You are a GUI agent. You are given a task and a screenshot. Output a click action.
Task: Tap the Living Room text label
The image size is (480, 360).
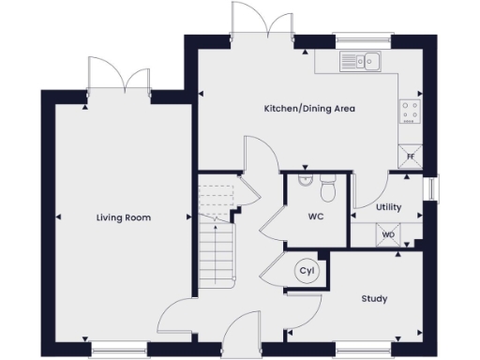point(123,217)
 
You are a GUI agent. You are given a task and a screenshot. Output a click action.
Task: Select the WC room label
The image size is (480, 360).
point(316,217)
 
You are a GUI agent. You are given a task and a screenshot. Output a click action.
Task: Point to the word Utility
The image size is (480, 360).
point(388,207)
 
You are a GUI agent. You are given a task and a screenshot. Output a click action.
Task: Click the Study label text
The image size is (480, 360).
point(375,299)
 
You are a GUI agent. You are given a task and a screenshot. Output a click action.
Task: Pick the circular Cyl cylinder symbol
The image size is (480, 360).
point(306,271)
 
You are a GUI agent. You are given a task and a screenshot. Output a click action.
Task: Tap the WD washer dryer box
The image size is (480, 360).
point(388,234)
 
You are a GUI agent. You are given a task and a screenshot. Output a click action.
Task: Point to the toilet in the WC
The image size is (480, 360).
point(327,190)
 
